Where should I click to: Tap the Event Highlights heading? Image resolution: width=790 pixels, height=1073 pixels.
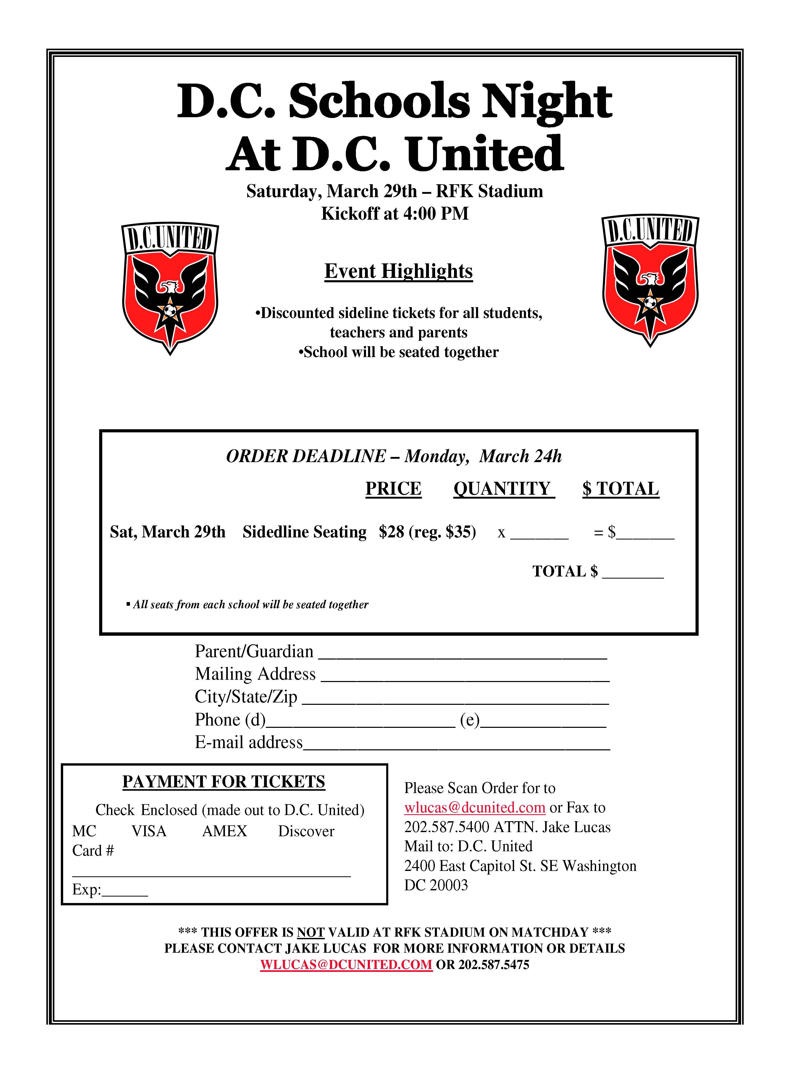(x=398, y=271)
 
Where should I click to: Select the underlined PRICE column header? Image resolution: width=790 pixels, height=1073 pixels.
(x=393, y=489)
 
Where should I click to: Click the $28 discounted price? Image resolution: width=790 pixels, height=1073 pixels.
(x=391, y=531)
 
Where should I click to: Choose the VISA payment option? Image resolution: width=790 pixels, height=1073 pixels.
(x=149, y=831)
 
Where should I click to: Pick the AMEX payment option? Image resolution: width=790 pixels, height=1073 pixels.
(x=224, y=831)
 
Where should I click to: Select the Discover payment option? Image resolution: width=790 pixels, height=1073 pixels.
(x=306, y=831)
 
